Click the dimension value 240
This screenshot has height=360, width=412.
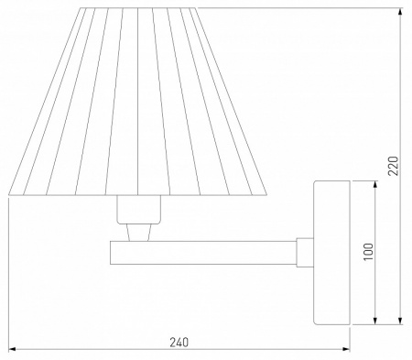179,343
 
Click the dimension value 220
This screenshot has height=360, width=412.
393,166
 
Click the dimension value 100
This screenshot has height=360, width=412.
368,252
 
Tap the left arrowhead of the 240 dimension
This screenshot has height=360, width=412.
12,349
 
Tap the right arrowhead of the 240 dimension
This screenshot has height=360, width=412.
346,349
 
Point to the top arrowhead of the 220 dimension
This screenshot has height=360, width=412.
400,12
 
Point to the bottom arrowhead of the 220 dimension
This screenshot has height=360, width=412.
400,321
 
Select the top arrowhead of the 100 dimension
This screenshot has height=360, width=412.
375,184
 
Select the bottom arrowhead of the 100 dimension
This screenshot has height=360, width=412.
375,321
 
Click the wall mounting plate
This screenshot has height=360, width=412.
331,253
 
